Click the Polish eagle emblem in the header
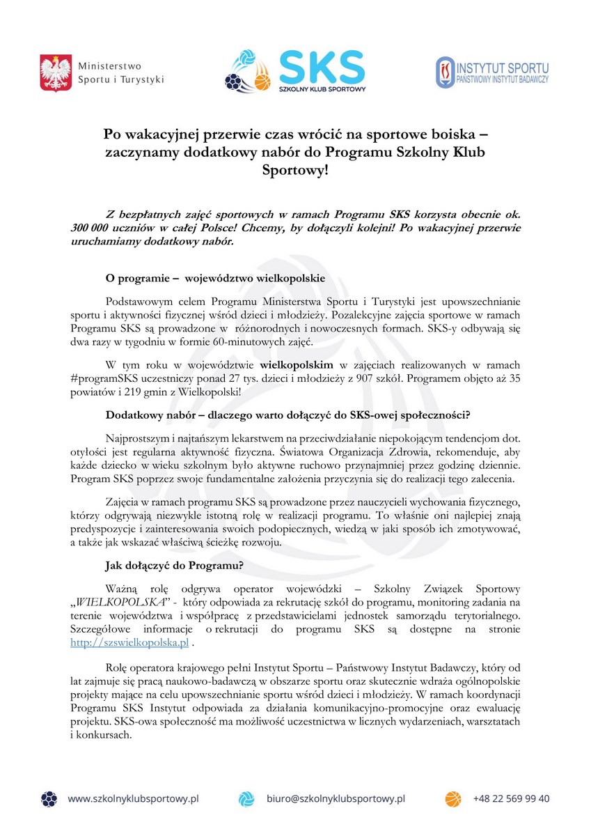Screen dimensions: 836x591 coord(56,72)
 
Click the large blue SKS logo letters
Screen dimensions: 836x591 coord(322,66)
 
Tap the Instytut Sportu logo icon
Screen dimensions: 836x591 coord(445,72)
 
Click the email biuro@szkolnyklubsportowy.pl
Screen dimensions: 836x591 coord(336,798)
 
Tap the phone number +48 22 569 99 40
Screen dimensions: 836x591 coord(511,798)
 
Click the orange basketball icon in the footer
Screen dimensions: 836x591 coord(453,798)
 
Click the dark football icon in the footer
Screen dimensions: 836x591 coord(49,798)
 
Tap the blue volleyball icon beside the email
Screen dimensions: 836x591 coord(247,798)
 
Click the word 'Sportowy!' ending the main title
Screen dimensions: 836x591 coord(294,170)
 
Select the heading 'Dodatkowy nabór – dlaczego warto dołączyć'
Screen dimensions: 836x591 coord(288,415)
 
